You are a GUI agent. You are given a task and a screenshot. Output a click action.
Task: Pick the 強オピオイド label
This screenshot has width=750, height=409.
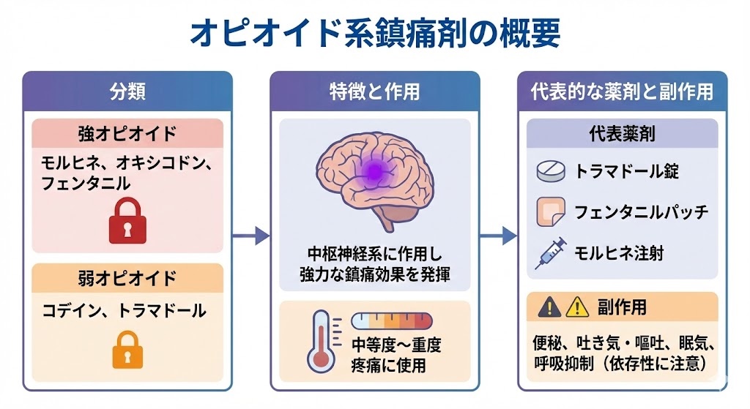127,134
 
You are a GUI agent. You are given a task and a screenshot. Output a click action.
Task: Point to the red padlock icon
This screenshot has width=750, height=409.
128,222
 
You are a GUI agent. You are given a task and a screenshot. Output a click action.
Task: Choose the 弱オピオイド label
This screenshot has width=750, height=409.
127,279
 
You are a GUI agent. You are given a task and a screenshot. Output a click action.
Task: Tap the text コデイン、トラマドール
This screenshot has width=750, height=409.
123,310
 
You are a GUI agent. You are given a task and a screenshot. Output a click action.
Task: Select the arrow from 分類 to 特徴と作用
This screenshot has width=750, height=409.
250,236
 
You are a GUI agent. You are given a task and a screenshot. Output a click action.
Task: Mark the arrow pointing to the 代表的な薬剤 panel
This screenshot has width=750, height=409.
499,236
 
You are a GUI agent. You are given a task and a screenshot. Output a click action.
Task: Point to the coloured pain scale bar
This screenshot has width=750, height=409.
392,320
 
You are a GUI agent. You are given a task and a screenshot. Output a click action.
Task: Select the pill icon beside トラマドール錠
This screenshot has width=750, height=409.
552,171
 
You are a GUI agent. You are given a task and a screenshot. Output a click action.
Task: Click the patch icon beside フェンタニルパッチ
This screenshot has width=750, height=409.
551,212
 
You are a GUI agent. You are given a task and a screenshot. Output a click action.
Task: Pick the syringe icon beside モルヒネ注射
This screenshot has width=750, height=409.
551,252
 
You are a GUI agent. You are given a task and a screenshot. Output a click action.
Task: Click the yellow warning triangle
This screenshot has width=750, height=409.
577,307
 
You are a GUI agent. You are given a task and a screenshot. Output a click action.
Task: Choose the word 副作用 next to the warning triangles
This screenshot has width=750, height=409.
622,307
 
